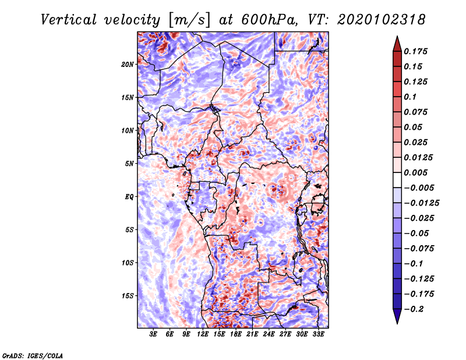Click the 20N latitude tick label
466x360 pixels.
(x=128, y=64)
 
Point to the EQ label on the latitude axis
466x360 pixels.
(x=129, y=197)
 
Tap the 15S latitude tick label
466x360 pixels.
(x=128, y=296)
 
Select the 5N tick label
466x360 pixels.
(x=129, y=164)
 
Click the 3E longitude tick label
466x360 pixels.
(x=153, y=335)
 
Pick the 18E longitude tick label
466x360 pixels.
(x=236, y=335)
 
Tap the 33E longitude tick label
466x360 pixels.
(x=318, y=335)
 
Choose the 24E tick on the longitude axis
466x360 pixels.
(x=269, y=335)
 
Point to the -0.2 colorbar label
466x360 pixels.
(x=415, y=309)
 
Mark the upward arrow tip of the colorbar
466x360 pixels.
(x=397, y=38)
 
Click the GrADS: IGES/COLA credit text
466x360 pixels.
(x=32, y=354)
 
